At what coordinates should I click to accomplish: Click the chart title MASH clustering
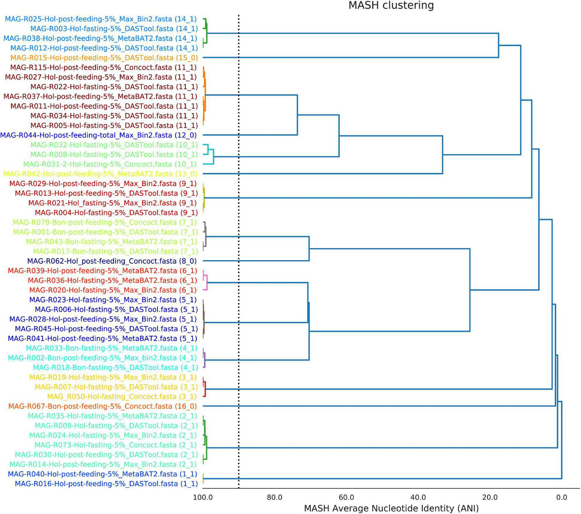click(391, 6)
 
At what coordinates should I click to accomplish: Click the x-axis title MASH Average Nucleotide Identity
click(391, 508)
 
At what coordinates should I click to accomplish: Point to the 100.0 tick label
click(203, 497)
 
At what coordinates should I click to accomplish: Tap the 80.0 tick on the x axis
click(274, 497)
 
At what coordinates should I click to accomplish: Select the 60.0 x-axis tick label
click(346, 497)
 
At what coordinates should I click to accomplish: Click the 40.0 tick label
click(418, 497)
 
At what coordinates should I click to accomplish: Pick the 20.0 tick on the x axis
click(490, 497)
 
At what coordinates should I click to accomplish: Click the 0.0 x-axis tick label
click(562, 497)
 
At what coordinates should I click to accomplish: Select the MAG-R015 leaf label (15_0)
click(104, 58)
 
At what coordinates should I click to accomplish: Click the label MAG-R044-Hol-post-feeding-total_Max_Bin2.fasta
click(98, 135)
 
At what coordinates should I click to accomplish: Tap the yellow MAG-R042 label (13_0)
click(100, 174)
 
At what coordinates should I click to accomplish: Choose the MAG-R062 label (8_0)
click(112, 261)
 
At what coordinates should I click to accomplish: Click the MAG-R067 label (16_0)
click(102, 406)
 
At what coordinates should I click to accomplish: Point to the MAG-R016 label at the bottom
click(106, 484)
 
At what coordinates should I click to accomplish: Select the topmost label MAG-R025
click(101, 19)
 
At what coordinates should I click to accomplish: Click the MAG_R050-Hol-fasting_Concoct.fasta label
click(122, 397)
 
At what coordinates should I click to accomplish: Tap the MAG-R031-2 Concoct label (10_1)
click(110, 164)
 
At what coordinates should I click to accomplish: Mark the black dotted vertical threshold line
click(239, 249)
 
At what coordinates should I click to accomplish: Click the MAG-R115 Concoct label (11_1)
click(103, 68)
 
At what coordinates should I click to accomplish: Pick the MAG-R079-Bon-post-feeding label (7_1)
click(105, 222)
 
